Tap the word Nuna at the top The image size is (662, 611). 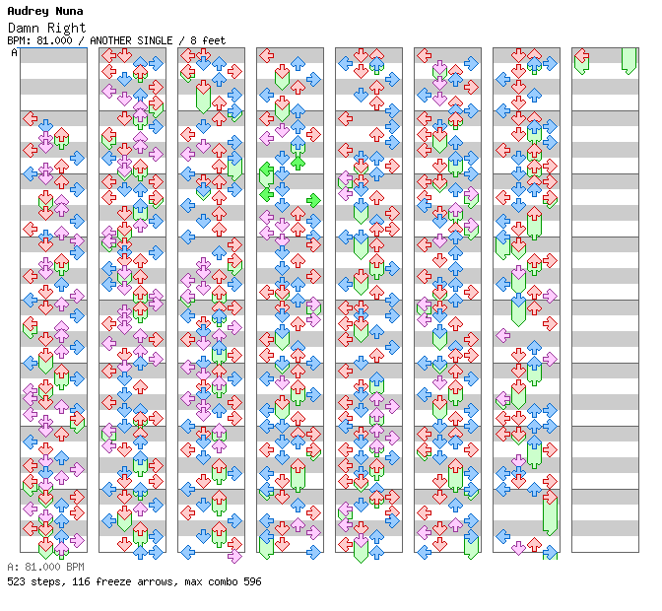tap(70, 11)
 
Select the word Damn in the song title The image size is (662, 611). tap(23, 28)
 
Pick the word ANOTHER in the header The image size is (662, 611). tap(120, 40)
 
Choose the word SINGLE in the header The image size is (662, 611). tap(164, 40)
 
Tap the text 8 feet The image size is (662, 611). tap(209, 40)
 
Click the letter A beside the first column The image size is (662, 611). tap(14, 52)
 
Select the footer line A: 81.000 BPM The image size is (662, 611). tap(45, 568)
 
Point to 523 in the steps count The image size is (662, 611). tap(17, 581)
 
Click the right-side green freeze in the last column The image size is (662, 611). tap(629, 59)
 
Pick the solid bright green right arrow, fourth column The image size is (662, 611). tap(313, 200)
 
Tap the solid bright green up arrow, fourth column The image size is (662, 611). tap(298, 162)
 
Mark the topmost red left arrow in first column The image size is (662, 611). tap(30, 119)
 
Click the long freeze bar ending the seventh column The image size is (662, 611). tap(550, 512)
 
